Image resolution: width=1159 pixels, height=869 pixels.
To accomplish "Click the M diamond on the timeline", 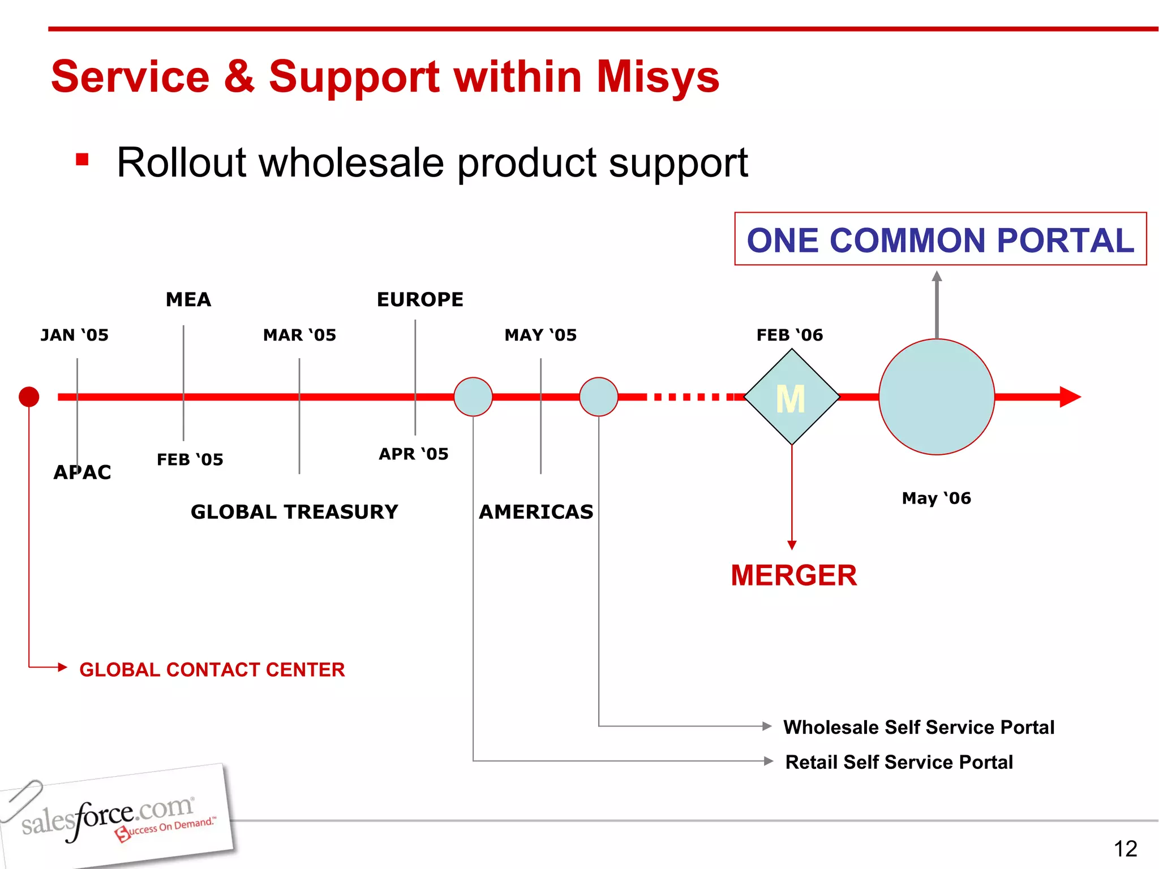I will (x=791, y=397).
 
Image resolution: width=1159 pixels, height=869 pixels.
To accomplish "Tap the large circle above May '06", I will (x=936, y=397).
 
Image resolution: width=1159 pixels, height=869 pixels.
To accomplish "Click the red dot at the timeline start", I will (x=29, y=397).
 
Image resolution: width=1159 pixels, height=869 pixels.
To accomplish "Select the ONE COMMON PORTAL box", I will (x=940, y=239).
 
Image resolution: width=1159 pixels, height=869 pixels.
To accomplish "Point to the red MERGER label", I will (x=793, y=575).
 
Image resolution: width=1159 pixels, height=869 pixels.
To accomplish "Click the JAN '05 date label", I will (x=74, y=335).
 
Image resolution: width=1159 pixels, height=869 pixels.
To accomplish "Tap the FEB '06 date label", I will (x=789, y=335).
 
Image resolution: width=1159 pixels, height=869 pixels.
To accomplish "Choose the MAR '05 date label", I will (x=299, y=335).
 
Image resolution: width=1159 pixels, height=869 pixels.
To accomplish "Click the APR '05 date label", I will (x=413, y=454).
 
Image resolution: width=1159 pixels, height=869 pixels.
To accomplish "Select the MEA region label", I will (x=188, y=299).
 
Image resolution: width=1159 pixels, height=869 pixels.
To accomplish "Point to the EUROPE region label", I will (x=420, y=299).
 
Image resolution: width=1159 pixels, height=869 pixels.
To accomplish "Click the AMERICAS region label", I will (x=536, y=512).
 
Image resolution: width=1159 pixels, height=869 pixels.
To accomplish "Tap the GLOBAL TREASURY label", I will (x=294, y=512).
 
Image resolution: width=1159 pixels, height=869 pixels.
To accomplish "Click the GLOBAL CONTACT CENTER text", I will (x=212, y=670).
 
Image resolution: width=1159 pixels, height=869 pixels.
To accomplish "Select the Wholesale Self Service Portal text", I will (x=918, y=727).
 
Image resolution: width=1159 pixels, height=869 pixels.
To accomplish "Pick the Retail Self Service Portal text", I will (x=899, y=762).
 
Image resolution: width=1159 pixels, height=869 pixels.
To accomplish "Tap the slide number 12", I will (x=1125, y=849).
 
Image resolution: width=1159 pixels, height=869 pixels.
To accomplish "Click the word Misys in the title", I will (x=658, y=77).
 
